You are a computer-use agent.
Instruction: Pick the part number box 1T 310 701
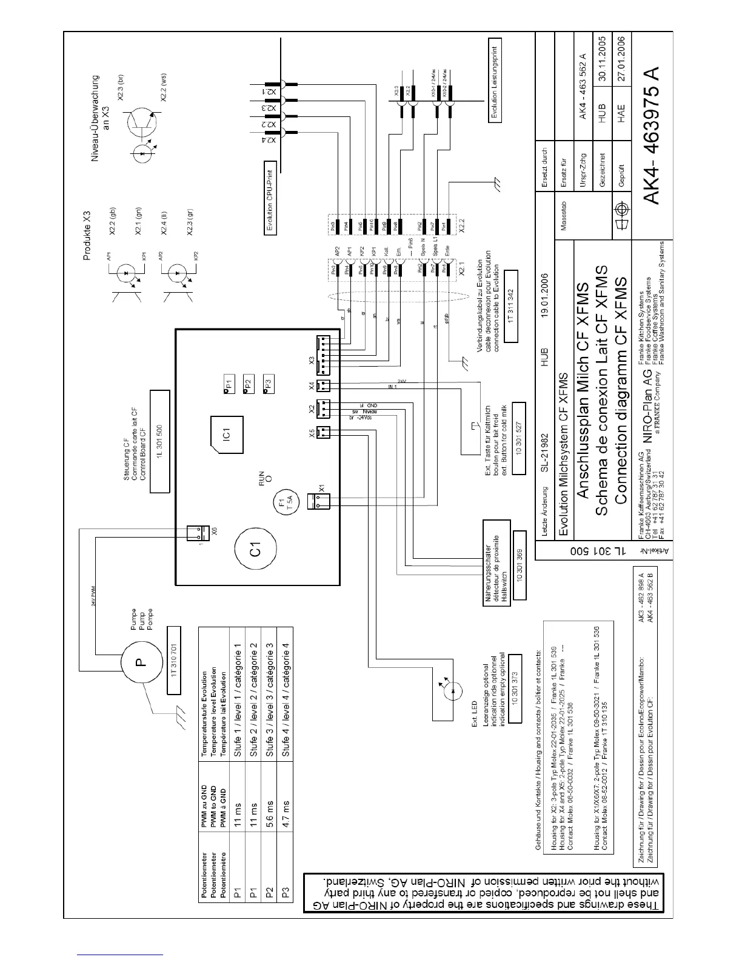173,673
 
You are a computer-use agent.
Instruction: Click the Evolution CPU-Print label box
270,198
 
